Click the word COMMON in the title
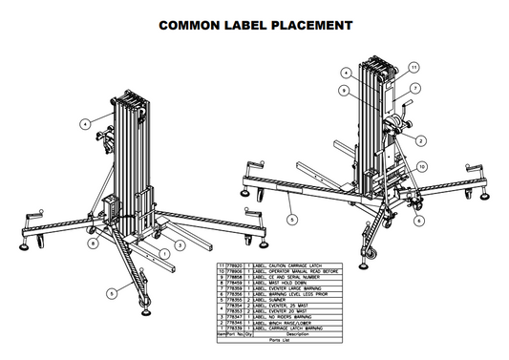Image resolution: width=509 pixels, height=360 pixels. tap(190, 23)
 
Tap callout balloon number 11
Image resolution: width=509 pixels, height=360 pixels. tap(414, 67)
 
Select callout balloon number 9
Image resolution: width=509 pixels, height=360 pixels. tap(341, 91)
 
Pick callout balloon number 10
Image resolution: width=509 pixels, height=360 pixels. tap(421, 164)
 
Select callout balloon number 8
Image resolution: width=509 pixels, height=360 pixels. tap(91, 244)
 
